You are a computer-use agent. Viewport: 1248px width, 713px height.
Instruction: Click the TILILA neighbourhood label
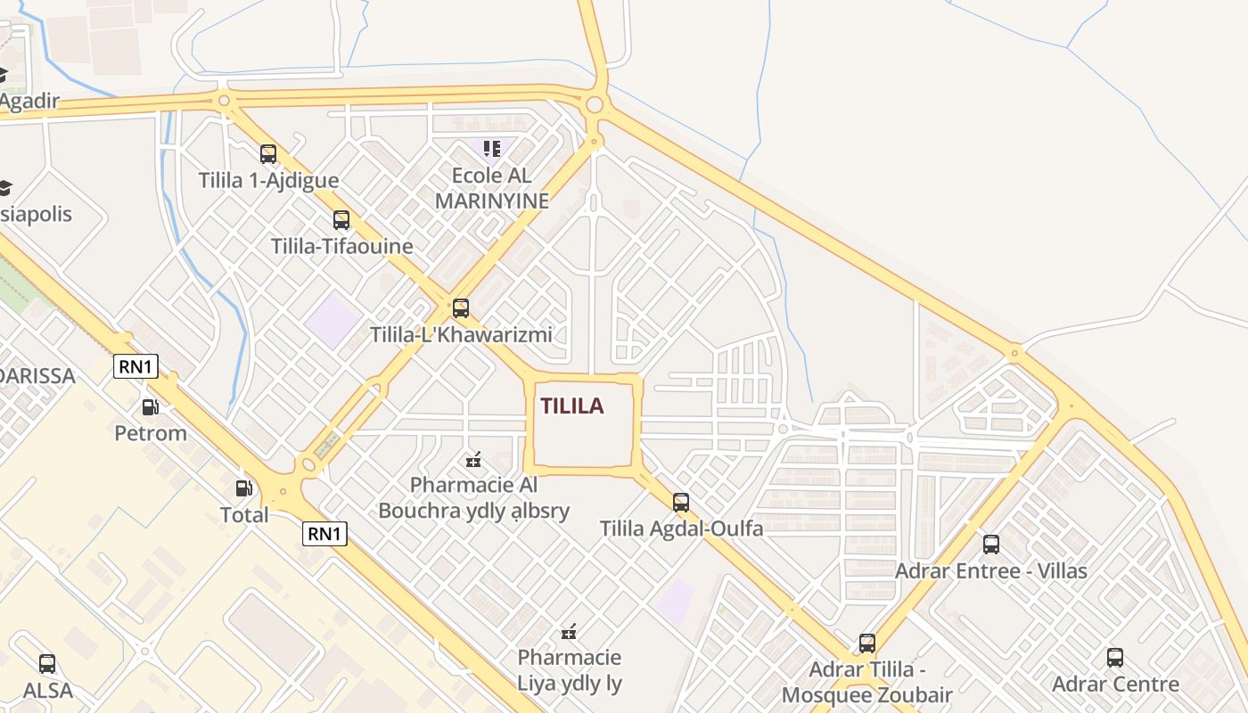(x=571, y=406)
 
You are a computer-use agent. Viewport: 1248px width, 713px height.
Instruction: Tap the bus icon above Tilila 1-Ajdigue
(x=268, y=154)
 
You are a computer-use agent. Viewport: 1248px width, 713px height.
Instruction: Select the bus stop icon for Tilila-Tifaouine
(x=341, y=220)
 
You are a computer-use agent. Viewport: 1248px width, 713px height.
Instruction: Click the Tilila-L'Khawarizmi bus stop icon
(x=461, y=308)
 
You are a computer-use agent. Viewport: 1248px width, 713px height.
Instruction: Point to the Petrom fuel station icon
(x=151, y=407)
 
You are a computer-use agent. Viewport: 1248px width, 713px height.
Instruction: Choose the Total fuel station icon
(x=243, y=488)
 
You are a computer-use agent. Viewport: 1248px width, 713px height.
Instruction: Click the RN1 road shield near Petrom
(x=135, y=366)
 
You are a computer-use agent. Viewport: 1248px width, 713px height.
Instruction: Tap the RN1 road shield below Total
(x=324, y=534)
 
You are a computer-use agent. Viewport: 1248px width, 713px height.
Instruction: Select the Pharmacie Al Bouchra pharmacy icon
(x=473, y=460)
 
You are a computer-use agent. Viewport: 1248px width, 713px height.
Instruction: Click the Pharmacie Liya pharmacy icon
(x=569, y=633)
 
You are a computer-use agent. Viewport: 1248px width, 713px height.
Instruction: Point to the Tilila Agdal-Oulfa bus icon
(x=681, y=503)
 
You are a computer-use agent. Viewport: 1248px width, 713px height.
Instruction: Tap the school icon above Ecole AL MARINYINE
(x=492, y=148)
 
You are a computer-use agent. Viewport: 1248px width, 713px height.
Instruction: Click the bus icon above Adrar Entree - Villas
(x=990, y=545)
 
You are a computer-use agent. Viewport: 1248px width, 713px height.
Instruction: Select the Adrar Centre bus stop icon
(x=1115, y=658)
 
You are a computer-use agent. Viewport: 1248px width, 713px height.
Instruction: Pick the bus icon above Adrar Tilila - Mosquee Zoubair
(x=866, y=643)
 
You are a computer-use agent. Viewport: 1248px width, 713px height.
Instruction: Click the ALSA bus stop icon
(x=47, y=664)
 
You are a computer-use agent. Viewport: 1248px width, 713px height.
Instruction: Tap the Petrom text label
(x=151, y=434)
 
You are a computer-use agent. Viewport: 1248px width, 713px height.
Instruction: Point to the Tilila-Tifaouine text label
(x=342, y=246)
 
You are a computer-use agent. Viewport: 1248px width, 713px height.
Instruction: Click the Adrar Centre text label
(x=1115, y=684)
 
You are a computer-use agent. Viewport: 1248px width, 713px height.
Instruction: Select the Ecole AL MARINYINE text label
(x=492, y=189)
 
